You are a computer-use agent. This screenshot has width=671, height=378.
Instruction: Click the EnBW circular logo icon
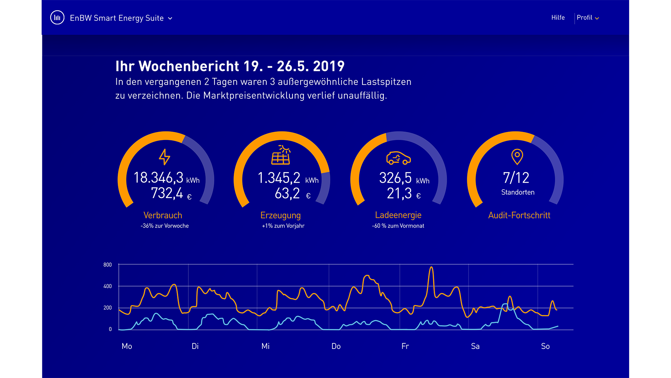[57, 17]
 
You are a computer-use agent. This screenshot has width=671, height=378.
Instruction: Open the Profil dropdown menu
[587, 18]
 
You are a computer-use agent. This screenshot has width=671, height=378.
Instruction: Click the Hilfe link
[558, 17]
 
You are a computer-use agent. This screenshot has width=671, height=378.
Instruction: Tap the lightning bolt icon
[165, 157]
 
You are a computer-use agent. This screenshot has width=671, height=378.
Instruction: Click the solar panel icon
[281, 155]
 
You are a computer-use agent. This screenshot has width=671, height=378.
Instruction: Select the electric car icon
[398, 158]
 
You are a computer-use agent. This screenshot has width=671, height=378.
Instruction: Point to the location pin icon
[517, 156]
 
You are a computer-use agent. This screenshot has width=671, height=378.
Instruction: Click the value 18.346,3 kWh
[166, 178]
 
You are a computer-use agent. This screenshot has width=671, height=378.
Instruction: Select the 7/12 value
[516, 178]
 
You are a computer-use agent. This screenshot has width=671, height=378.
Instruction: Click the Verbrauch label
[163, 215]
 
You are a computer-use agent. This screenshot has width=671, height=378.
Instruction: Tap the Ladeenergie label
[398, 215]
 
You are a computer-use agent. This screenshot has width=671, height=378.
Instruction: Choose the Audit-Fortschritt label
[519, 215]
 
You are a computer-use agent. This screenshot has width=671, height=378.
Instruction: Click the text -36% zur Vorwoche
[165, 226]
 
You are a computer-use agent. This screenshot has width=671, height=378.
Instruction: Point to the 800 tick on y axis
[107, 265]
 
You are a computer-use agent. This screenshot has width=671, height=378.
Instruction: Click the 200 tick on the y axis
[107, 308]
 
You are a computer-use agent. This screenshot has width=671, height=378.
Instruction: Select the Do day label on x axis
[336, 346]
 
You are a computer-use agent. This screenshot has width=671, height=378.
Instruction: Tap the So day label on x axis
[545, 346]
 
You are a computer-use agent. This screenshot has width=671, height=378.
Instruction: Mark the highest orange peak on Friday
[431, 267]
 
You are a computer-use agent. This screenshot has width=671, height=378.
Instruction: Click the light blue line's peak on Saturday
[505, 304]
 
